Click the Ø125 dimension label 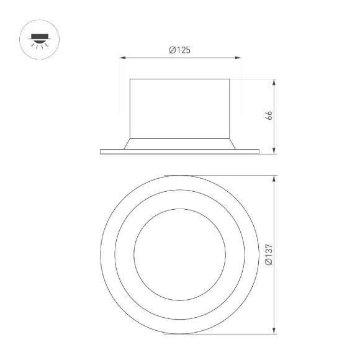[x=179, y=50]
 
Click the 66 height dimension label [x=269, y=115]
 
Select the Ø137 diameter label [x=268, y=255]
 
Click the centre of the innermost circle [x=179, y=254]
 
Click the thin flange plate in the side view [x=179, y=151]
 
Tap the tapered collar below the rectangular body [x=179, y=143]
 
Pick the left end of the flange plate [x=101, y=151]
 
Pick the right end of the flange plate [x=258, y=151]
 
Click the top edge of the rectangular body [x=179, y=79]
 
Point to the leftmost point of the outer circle [x=101, y=254]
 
